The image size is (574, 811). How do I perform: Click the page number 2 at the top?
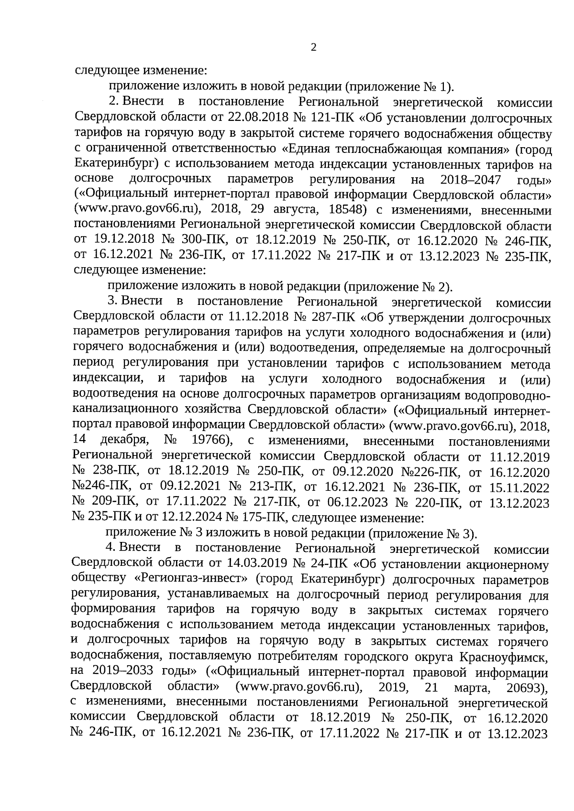pyautogui.click(x=313, y=47)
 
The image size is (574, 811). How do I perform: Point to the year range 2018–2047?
pyautogui.click(x=471, y=180)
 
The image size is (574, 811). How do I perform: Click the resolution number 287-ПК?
pyautogui.click(x=335, y=318)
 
